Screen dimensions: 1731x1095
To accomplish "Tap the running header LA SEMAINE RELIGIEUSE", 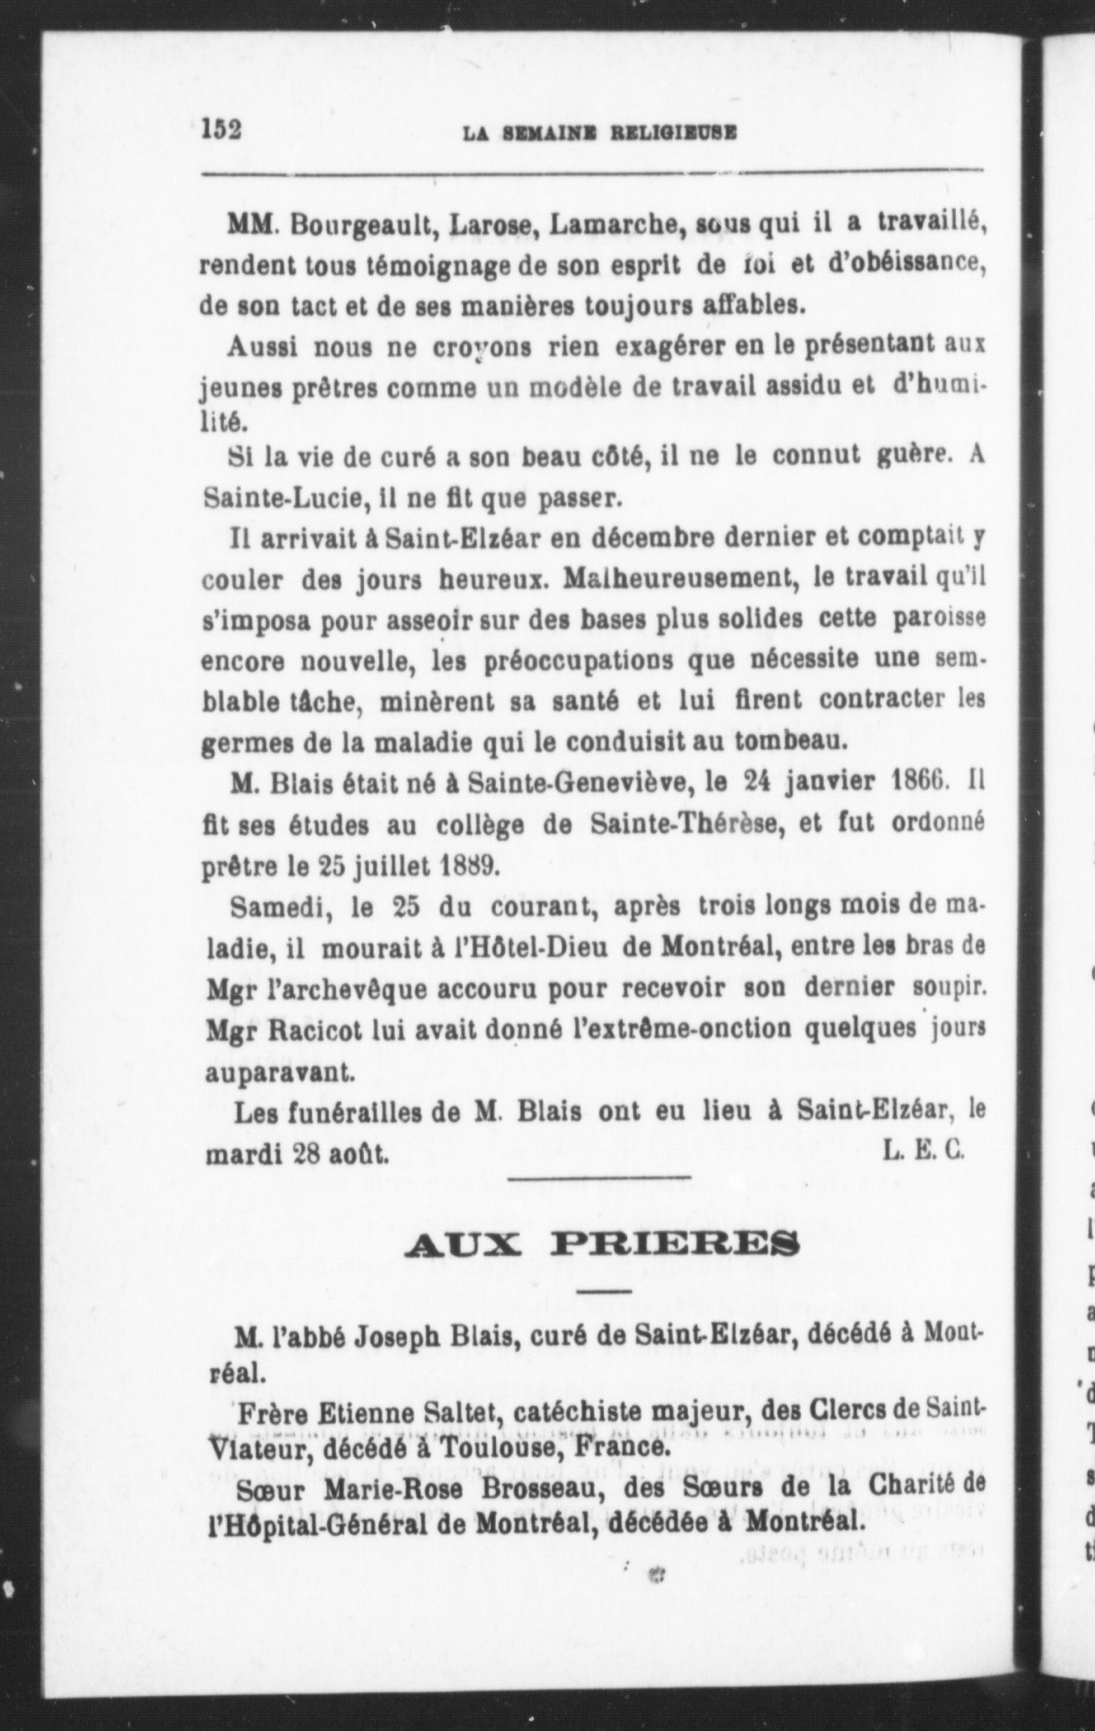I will (599, 133).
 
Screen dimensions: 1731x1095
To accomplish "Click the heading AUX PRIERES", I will (601, 1243).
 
